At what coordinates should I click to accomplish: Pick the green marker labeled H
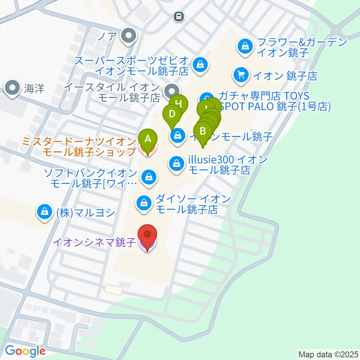179,104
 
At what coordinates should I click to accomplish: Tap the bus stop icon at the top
179,16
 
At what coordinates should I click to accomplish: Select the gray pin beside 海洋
13,88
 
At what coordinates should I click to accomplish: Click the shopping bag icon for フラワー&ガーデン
245,46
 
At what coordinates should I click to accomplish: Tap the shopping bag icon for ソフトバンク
149,176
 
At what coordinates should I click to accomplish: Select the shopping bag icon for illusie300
175,163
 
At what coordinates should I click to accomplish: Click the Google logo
25,351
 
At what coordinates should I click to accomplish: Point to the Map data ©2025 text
328,354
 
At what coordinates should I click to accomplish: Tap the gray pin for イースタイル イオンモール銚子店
172,90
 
